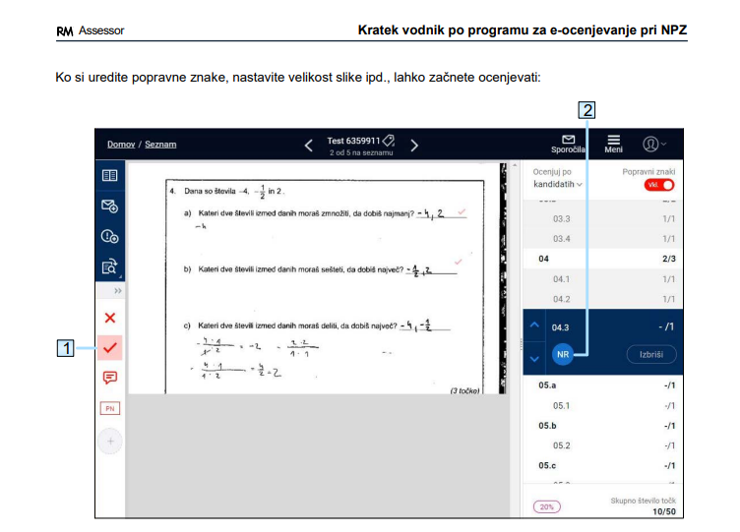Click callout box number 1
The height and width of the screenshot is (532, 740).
[66, 347]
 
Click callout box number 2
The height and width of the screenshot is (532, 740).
[587, 110]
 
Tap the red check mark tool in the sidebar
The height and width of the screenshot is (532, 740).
[110, 347]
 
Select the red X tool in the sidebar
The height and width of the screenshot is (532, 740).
[110, 318]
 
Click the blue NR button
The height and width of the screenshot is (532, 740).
[563, 354]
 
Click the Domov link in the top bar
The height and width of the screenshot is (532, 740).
[121, 145]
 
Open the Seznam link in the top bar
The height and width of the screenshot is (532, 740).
[160, 145]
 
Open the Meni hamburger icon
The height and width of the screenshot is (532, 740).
[614, 141]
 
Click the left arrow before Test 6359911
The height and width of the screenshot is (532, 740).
[308, 146]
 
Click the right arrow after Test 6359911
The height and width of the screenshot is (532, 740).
[414, 146]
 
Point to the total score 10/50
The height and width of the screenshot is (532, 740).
[665, 511]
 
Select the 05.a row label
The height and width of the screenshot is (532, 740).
[548, 386]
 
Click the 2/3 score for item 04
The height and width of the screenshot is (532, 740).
[668, 259]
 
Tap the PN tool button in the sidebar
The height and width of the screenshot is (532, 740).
[110, 408]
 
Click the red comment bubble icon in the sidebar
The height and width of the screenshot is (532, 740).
[110, 378]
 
